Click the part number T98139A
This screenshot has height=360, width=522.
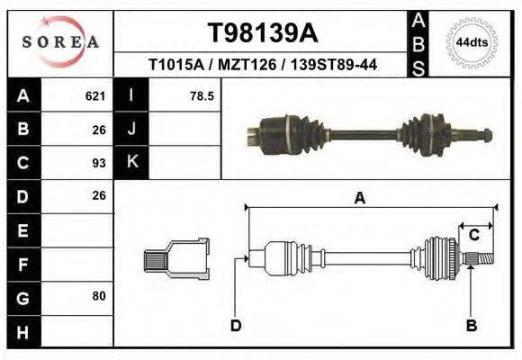[x=263, y=33]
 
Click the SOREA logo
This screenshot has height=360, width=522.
[x=60, y=42]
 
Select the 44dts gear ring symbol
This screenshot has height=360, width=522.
[x=472, y=42]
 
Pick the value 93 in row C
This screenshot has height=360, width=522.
[x=99, y=163]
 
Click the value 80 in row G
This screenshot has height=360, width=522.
[x=99, y=295]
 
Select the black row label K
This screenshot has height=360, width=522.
[x=132, y=162]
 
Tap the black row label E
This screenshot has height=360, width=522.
[x=22, y=229]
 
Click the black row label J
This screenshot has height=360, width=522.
[x=132, y=130]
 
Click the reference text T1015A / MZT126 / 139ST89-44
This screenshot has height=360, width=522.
[x=263, y=65]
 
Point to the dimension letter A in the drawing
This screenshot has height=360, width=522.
[x=359, y=199]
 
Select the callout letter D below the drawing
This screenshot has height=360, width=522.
[x=235, y=325]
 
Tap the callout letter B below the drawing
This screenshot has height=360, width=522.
[x=470, y=325]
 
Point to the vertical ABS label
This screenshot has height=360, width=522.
[x=418, y=42]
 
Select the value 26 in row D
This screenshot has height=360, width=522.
[x=99, y=195]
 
